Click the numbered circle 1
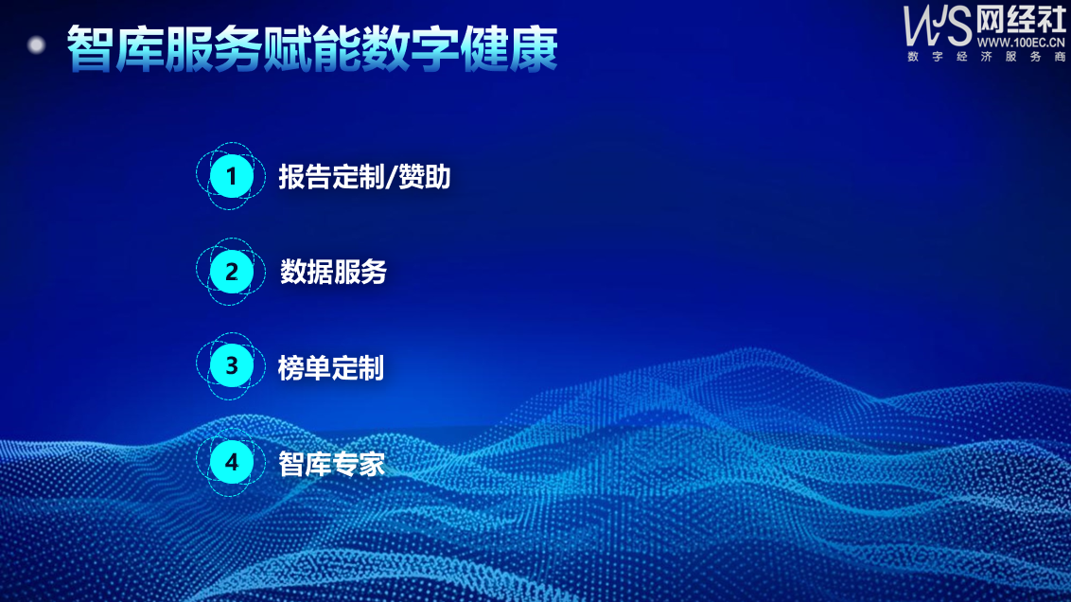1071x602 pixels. point(231,176)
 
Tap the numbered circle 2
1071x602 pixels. point(231,272)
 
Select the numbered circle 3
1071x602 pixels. point(231,366)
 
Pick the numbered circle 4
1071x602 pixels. point(231,462)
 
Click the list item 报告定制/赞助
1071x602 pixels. point(364,177)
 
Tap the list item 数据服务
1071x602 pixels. point(333,272)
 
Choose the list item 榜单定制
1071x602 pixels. point(330,367)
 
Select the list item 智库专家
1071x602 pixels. point(331,464)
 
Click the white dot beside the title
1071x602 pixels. point(36,45)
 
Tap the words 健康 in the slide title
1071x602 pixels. point(509,49)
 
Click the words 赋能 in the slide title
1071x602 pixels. point(312,49)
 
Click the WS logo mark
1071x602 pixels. point(937,26)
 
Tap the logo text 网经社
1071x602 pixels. point(1021,20)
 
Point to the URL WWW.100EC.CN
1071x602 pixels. point(1021,43)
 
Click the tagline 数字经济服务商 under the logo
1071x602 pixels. point(986,57)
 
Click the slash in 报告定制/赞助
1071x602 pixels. point(391,177)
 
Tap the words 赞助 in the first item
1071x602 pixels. point(424,177)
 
